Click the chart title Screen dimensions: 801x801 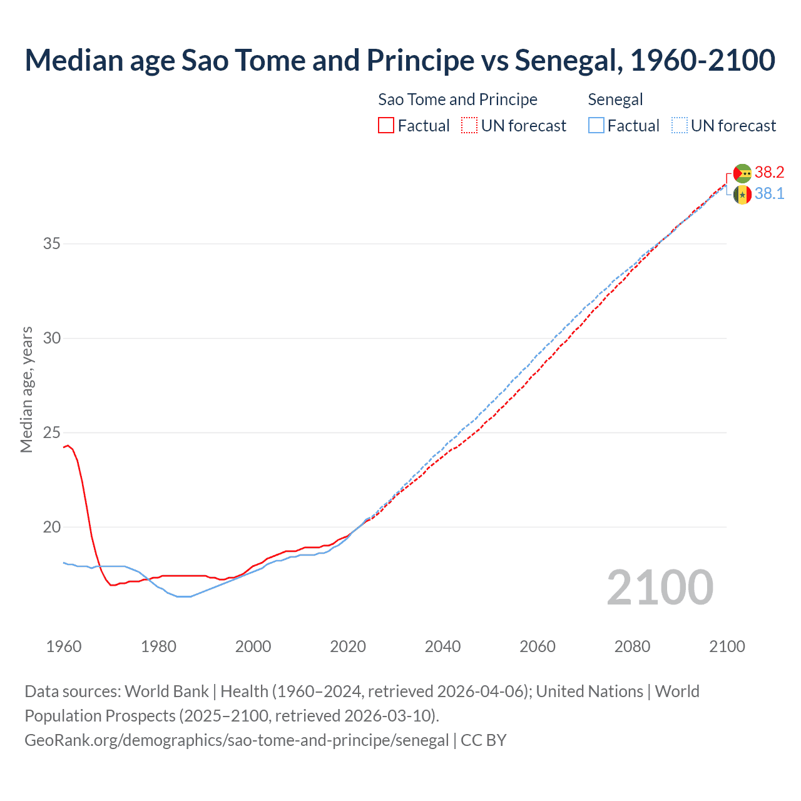point(400,60)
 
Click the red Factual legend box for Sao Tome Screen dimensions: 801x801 point(386,126)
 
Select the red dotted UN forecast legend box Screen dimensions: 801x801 point(469,126)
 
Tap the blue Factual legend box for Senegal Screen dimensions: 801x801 point(596,126)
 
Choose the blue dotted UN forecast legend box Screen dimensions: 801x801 point(679,126)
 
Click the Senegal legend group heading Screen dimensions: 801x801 point(615,99)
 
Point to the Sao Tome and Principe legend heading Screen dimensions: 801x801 point(457,99)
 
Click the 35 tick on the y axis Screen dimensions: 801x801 point(51,243)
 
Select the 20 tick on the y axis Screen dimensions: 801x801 point(51,527)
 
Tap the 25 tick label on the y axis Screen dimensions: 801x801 point(51,432)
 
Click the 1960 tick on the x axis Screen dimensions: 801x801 point(64,646)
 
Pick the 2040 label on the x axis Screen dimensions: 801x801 point(442,646)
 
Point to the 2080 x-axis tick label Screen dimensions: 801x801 point(632,646)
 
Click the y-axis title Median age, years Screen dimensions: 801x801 point(26,389)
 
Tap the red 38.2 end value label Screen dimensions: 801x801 point(769,173)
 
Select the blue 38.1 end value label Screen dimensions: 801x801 point(769,194)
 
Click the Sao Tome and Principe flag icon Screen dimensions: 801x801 point(742,173)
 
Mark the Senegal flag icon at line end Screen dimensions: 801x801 point(742,195)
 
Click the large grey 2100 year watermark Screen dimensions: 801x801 point(660,587)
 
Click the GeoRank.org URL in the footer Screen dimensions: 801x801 point(237,740)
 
